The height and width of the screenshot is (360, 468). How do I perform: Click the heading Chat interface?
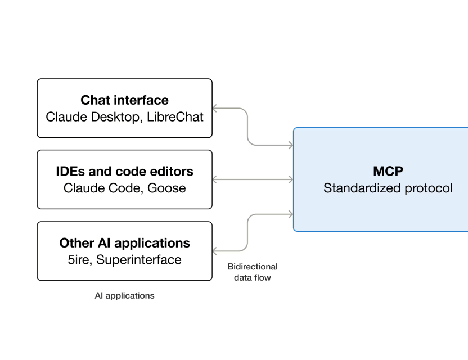(x=124, y=100)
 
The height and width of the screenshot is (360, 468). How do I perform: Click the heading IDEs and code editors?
(x=124, y=172)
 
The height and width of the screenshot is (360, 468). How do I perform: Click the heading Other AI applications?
(x=124, y=243)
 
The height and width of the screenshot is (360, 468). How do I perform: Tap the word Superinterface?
(x=139, y=259)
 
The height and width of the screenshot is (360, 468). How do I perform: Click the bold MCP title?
(x=388, y=172)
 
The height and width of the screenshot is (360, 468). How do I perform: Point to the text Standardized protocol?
(x=388, y=188)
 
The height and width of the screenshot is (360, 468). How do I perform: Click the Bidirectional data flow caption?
(x=253, y=272)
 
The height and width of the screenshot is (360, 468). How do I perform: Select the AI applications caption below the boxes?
(x=124, y=295)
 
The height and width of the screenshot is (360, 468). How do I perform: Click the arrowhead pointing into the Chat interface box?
(x=215, y=108)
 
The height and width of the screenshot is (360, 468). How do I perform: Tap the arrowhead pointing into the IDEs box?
(x=215, y=179)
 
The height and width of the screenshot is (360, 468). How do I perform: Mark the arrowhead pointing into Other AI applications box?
(x=215, y=251)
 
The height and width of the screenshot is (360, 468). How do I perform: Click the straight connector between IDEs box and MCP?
(x=253, y=179)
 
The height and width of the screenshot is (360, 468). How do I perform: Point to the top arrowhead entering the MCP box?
(x=290, y=146)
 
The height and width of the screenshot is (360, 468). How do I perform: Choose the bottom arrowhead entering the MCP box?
(x=290, y=214)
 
